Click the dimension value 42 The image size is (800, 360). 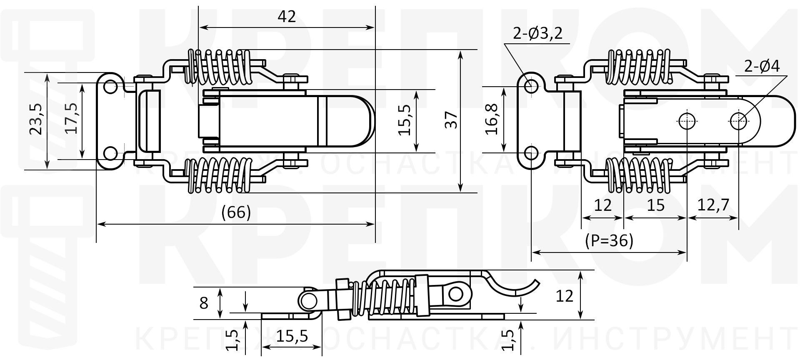click(x=286, y=17)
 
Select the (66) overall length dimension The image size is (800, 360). click(x=236, y=213)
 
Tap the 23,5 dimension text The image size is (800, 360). click(x=36, y=119)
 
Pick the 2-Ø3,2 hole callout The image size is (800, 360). click(x=537, y=33)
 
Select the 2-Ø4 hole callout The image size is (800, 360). click(x=762, y=67)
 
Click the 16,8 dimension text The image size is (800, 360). click(x=492, y=120)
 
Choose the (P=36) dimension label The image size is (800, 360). click(x=609, y=240)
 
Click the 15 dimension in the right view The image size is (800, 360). click(x=656, y=205)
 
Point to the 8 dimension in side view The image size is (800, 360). click(x=204, y=303)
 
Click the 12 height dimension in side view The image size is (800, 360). click(x=565, y=296)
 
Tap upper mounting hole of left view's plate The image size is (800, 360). click(x=110, y=87)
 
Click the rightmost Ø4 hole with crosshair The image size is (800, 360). click(x=738, y=122)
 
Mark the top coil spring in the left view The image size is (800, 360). click(x=219, y=67)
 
